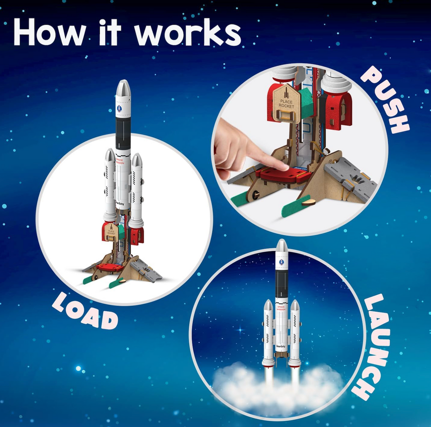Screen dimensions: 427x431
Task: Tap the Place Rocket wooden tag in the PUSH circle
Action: (286, 103)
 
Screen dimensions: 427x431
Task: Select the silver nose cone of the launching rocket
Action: (282, 246)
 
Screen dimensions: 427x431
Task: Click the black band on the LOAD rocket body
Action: (123, 133)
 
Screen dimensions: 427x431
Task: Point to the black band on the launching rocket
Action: (282, 284)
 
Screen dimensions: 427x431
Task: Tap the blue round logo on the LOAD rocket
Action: (119, 108)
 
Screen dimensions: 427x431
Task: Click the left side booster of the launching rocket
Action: (269, 332)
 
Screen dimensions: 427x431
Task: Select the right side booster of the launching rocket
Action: (295, 332)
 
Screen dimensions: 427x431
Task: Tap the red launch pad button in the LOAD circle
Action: (110, 267)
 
